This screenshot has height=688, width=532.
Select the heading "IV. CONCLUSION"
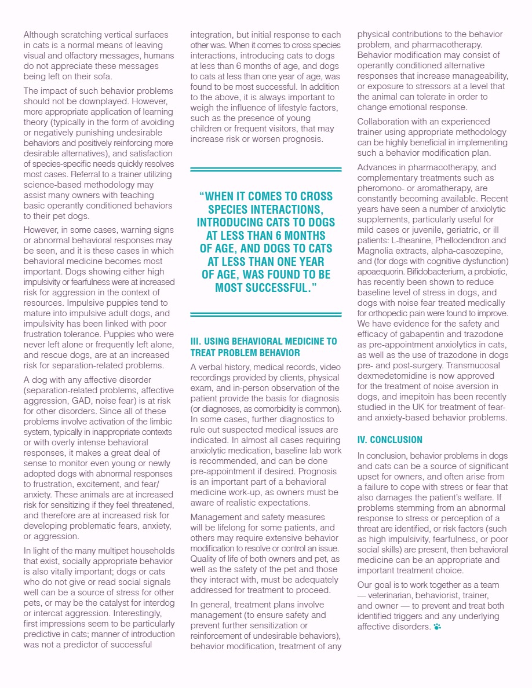pyautogui.click(x=389, y=440)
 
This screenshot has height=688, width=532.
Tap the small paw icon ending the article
pyautogui.click(x=437, y=627)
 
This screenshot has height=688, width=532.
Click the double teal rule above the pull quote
pyautogui.click(x=266, y=170)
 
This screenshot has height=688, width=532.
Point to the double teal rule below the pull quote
pyautogui.click(x=266, y=314)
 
